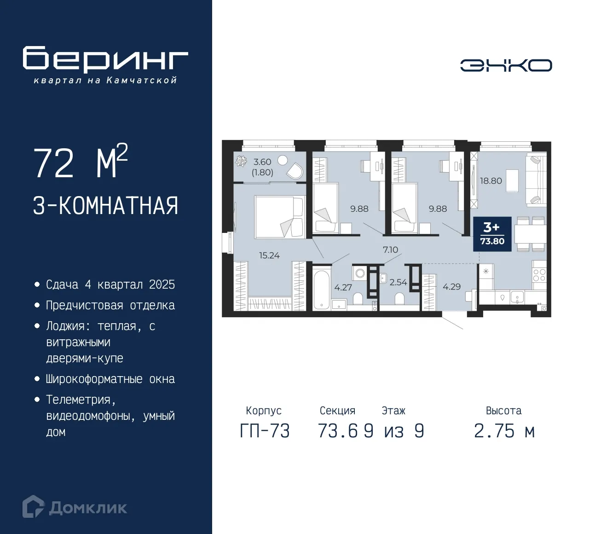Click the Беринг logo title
[105, 59]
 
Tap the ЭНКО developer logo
[506, 65]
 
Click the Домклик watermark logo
[75, 507]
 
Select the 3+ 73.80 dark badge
[492, 234]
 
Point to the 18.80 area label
[491, 181]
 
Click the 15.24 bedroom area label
[269, 255]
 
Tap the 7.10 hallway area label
[390, 250]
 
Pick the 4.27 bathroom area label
[343, 288]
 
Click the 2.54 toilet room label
[398, 282]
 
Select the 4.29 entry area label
[451, 287]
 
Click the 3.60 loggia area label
[262, 162]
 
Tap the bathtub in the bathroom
[321, 289]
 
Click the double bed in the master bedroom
[280, 217]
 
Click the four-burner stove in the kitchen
[539, 275]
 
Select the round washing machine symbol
[360, 273]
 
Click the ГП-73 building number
[265, 431]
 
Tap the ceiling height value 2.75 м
[504, 431]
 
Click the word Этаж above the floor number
[393, 411]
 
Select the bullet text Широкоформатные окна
[110, 379]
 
